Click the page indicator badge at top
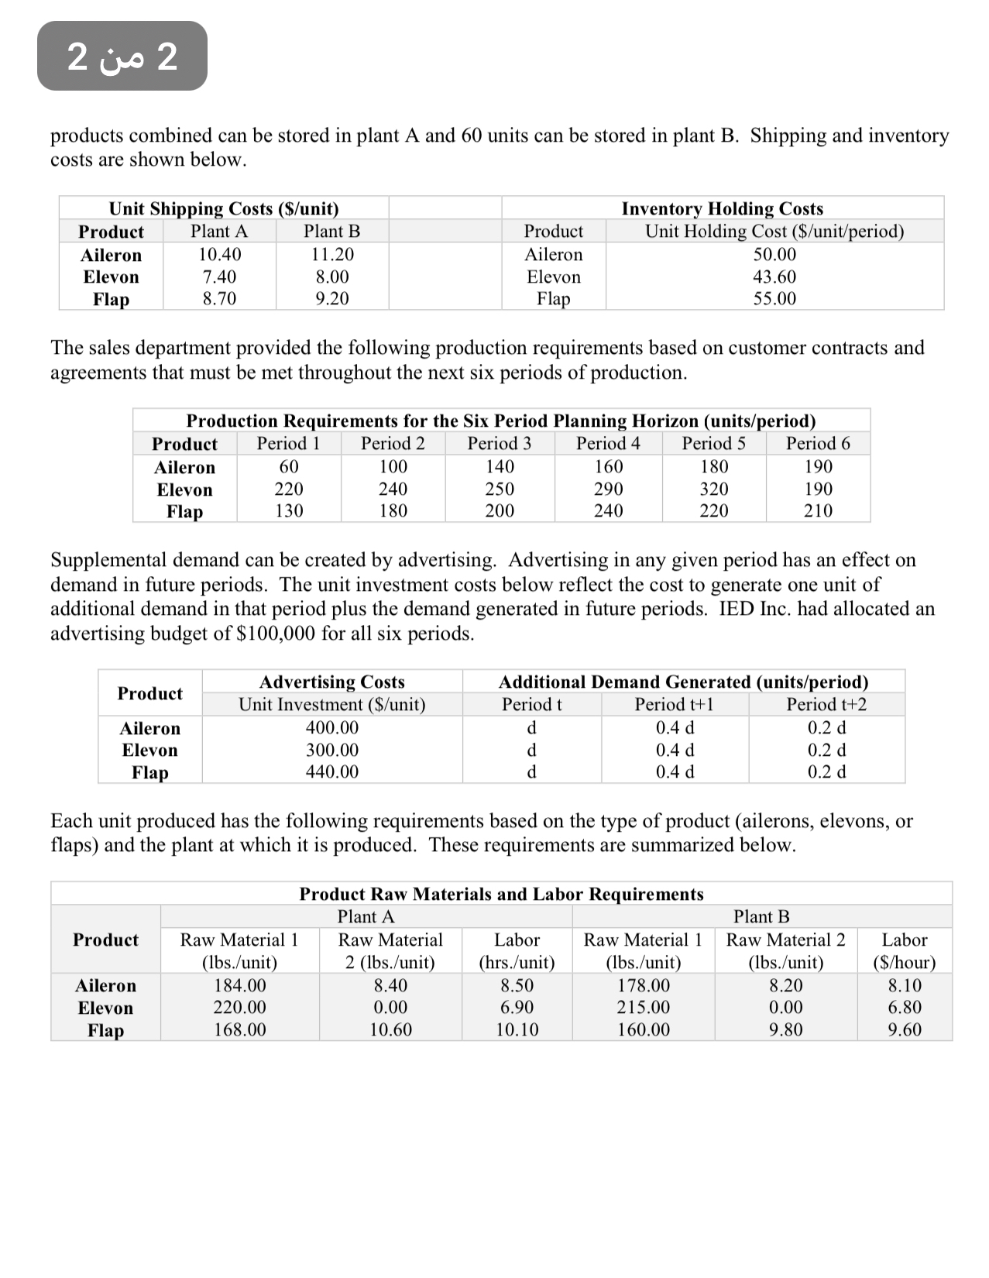(x=122, y=57)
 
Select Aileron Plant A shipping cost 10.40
(x=219, y=254)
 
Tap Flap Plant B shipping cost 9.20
(x=331, y=298)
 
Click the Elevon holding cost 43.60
(x=774, y=277)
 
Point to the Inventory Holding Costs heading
(x=722, y=208)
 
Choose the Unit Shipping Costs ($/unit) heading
(x=224, y=208)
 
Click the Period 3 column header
(x=499, y=443)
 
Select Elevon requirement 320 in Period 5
(x=713, y=489)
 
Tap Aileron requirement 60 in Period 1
(x=289, y=466)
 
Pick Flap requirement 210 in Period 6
(x=818, y=510)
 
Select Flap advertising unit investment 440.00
(x=332, y=771)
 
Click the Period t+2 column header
(x=826, y=704)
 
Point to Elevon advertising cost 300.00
(x=332, y=750)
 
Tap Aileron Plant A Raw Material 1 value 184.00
(x=239, y=985)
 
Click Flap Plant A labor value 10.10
(x=517, y=1029)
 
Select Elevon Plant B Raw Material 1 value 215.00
(x=643, y=1007)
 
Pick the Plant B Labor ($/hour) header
(x=904, y=950)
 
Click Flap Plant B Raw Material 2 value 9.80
(x=785, y=1029)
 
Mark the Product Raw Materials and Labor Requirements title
(x=501, y=894)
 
